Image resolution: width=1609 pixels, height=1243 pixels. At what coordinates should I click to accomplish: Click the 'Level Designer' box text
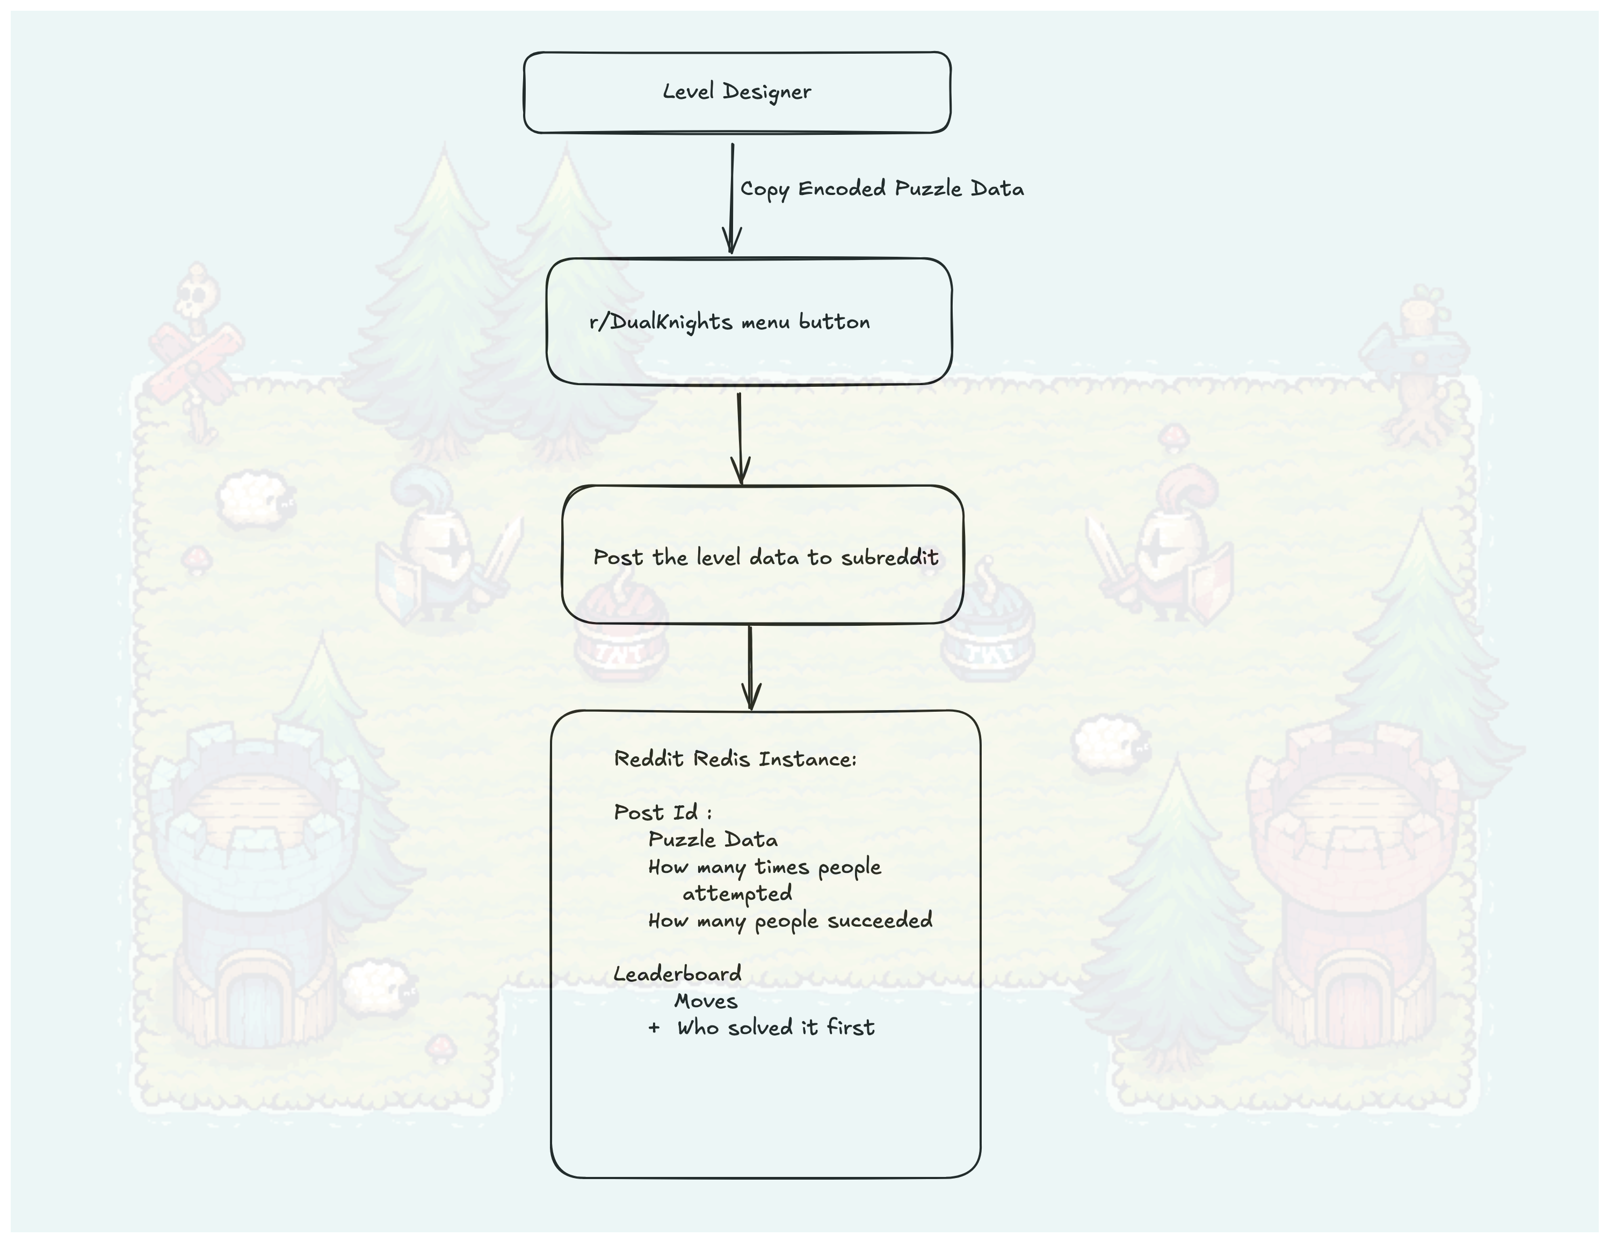[x=737, y=91]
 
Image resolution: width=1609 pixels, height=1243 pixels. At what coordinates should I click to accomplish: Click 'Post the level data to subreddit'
[x=765, y=557]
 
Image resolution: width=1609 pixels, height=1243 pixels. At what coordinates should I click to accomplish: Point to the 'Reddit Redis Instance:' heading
[x=735, y=759]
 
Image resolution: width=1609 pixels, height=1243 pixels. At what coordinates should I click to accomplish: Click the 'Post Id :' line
[x=662, y=812]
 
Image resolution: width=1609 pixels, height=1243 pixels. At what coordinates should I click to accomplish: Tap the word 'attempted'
[x=737, y=894]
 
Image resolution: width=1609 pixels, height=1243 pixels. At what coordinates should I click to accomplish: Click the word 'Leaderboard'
[x=677, y=974]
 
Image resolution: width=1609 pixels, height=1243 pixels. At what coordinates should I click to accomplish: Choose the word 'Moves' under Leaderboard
[x=706, y=1001]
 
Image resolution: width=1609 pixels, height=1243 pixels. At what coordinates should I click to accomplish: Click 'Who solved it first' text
[x=775, y=1027]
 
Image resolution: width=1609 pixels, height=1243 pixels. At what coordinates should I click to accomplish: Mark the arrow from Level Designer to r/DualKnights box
[x=731, y=198]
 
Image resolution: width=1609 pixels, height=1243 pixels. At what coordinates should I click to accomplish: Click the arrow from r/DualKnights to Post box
[x=740, y=438]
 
